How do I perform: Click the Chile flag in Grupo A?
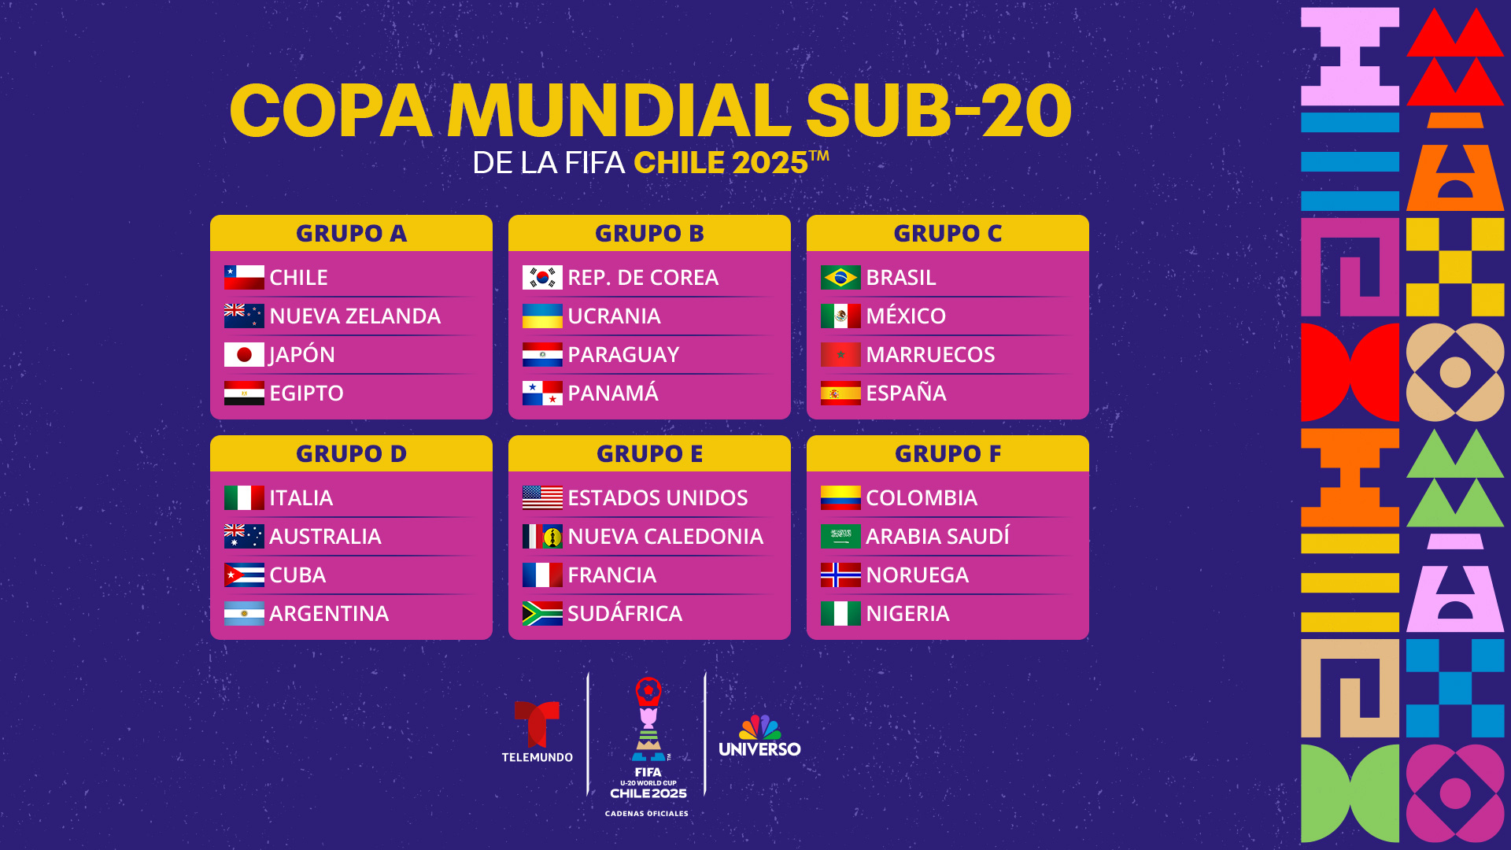point(244,277)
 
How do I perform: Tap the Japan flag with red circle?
point(244,354)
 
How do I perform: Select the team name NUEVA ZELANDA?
point(355,316)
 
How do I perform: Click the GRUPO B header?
point(649,233)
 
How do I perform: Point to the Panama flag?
point(542,393)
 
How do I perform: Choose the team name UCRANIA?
point(614,316)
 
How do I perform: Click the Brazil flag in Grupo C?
point(840,277)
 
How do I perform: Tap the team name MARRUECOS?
point(930,354)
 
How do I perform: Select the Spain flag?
point(840,393)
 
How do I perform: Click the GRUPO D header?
point(351,453)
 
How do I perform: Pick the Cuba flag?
point(244,575)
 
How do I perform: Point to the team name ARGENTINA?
point(329,613)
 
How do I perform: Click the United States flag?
point(542,497)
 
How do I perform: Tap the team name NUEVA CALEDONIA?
point(665,536)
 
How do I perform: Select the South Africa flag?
point(542,613)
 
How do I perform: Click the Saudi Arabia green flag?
point(840,536)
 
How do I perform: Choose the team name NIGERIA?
point(907,613)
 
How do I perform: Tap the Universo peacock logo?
point(759,736)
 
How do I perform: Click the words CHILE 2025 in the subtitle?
point(721,163)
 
